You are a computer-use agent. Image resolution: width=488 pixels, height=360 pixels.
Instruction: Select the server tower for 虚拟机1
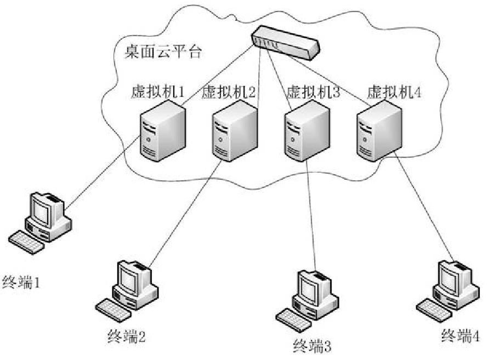(163, 133)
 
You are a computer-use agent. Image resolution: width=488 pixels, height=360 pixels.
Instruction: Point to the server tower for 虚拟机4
(377, 132)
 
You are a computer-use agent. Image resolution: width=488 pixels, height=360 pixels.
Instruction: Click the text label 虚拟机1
(157, 91)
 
